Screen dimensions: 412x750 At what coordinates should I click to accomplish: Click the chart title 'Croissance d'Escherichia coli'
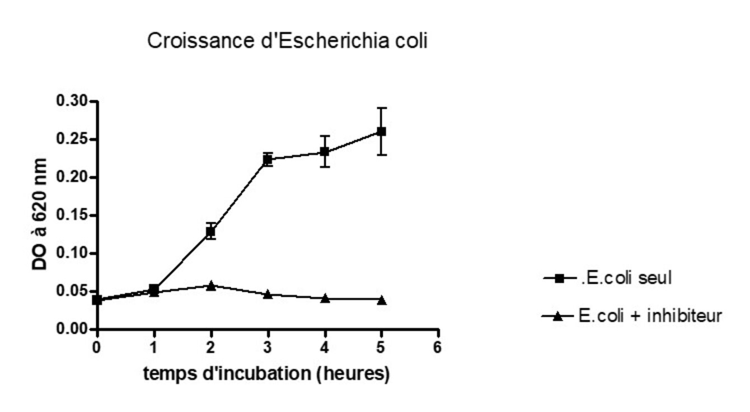287,41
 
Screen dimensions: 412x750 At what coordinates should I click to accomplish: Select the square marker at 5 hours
381,132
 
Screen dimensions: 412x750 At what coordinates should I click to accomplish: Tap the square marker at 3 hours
268,160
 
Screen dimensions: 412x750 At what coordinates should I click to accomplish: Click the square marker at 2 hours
210,231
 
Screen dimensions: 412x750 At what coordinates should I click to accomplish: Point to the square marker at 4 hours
325,152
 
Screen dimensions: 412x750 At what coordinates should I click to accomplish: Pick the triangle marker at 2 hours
210,285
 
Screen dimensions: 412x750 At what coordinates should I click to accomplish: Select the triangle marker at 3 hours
268,294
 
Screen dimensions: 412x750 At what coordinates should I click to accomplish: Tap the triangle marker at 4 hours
325,298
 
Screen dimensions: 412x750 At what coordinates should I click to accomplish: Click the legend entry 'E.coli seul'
624,277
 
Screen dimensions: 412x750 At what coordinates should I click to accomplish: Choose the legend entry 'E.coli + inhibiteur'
650,316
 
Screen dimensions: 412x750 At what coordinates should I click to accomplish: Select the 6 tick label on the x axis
438,348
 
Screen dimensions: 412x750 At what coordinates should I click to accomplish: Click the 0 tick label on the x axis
97,348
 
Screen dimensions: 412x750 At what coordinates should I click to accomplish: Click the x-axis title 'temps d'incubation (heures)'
266,373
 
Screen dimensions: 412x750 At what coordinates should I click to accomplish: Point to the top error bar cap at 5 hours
381,108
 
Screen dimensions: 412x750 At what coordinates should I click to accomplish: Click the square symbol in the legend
557,278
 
